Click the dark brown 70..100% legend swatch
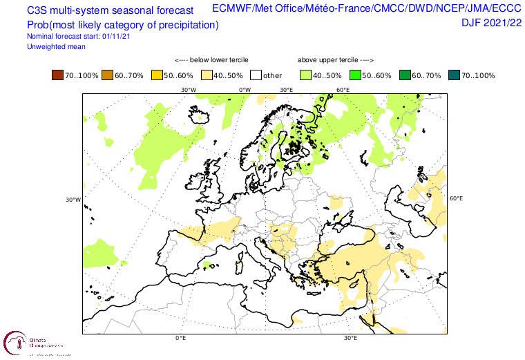pyautogui.click(x=57, y=75)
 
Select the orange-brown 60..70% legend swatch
pyautogui.click(x=106, y=75)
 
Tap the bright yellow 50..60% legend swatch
pyautogui.click(x=156, y=75)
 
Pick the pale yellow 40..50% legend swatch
pyautogui.click(x=206, y=75)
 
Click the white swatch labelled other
pyautogui.click(x=256, y=75)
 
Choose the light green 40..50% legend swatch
pyautogui.click(x=305, y=75)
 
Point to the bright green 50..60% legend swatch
pyautogui.click(x=355, y=75)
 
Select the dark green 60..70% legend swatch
pyautogui.click(x=405, y=75)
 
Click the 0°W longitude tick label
pyautogui.click(x=245, y=90)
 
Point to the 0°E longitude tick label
pyautogui.click(x=181, y=339)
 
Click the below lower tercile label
pyautogui.click(x=211, y=60)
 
